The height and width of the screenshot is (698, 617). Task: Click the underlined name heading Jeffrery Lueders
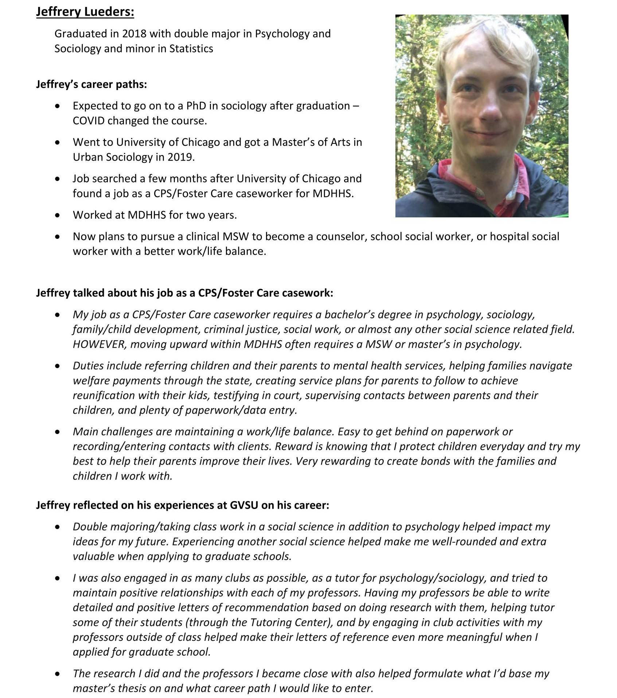(85, 12)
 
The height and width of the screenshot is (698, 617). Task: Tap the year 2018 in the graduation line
(134, 34)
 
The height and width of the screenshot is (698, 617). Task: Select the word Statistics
(191, 49)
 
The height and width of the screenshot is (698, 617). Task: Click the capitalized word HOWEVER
(98, 344)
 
